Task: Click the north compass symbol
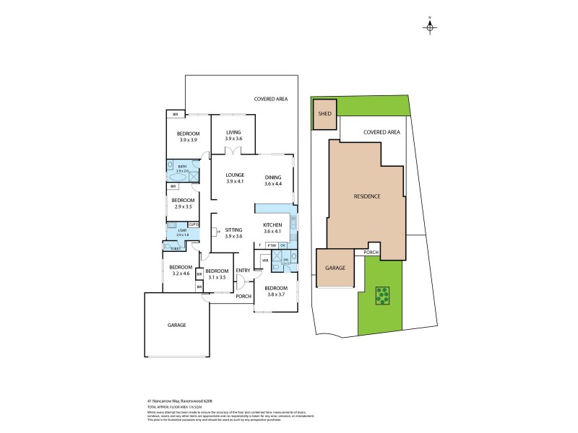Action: [x=430, y=27]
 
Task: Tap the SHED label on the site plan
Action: [x=325, y=113]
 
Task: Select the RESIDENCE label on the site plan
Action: [x=367, y=196]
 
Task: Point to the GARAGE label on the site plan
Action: [x=335, y=268]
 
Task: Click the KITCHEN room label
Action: [x=272, y=225]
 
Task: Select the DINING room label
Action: [x=273, y=178]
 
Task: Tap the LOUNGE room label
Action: [x=235, y=175]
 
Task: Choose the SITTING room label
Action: [x=233, y=229]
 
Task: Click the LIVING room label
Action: [x=233, y=132]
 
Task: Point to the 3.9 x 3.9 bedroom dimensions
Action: [x=189, y=141]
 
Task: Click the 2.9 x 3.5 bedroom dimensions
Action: [x=184, y=206]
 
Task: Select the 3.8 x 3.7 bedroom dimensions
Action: [x=275, y=294]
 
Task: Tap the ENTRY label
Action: [x=243, y=271]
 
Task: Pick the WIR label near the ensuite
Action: [x=265, y=260]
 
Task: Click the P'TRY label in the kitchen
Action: [x=272, y=245]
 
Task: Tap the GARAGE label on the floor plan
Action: [x=177, y=325]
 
